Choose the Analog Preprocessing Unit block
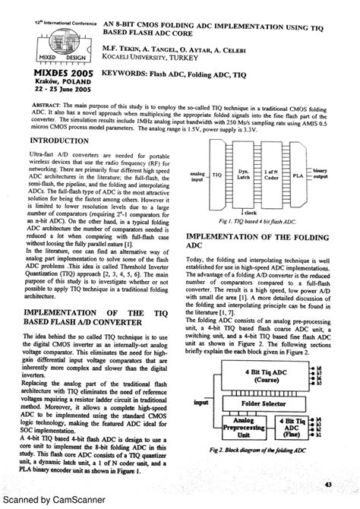242,426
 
